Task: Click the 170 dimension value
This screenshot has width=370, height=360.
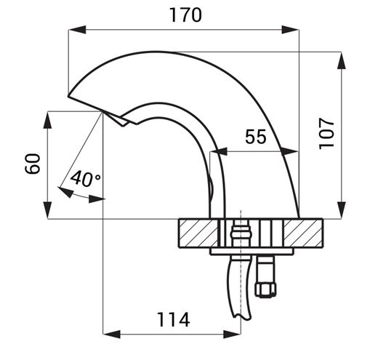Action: coord(185,15)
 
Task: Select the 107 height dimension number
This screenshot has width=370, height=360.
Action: coord(326,134)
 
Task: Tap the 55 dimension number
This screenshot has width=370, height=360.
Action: coord(256,137)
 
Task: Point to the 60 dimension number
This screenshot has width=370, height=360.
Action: coord(33,164)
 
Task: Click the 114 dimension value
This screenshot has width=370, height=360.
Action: coord(174,319)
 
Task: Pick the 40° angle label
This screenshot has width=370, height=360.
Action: coord(86,178)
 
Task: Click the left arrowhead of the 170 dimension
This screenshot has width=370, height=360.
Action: coord(77,30)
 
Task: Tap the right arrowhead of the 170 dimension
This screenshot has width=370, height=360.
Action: coord(290,30)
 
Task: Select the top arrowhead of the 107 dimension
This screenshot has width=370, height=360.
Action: coord(342,60)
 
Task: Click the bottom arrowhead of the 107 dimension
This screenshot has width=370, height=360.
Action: coord(342,209)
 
